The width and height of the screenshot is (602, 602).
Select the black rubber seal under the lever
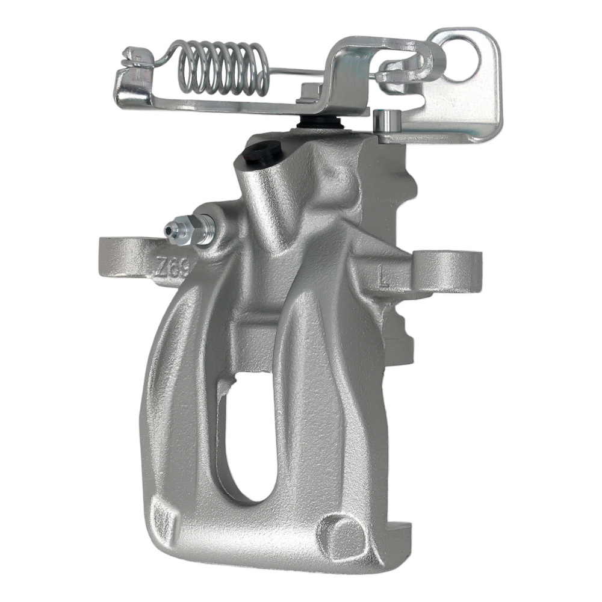click(320, 122)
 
